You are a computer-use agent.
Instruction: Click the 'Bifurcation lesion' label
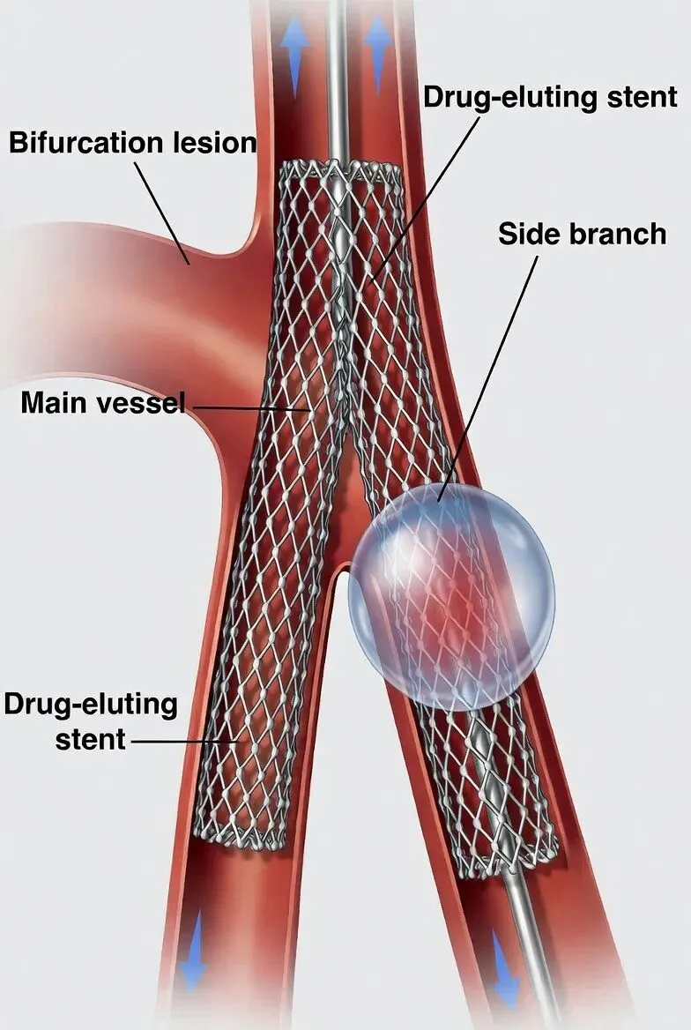[132, 142]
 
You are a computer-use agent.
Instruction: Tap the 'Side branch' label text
[582, 234]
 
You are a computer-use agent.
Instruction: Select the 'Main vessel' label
[102, 403]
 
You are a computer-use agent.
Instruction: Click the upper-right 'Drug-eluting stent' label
[550, 96]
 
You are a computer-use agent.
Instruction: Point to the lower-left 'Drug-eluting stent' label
[91, 720]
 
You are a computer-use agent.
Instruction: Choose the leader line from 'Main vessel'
[247, 407]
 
